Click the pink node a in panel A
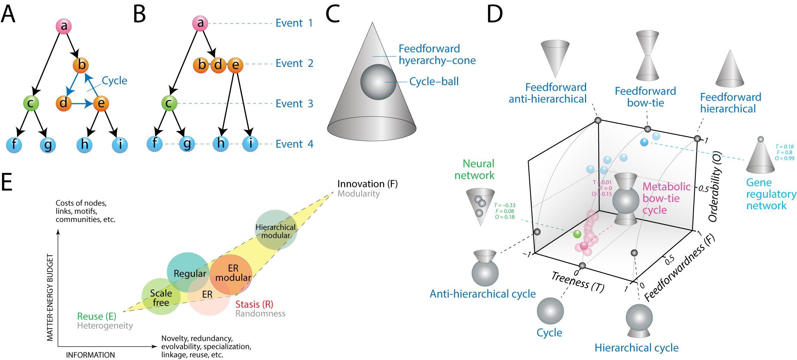point(64,26)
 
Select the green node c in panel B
point(169,103)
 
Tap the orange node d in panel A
point(63,103)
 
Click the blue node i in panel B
point(250,144)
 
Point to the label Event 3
point(294,104)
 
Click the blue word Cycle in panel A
point(114,81)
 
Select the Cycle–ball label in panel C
point(434,82)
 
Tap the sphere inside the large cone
point(378,82)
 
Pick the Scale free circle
point(161,297)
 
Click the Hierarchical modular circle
point(276,230)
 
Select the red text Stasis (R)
point(254,305)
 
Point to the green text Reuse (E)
point(97,316)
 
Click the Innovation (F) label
point(367,184)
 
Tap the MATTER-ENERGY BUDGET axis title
point(50,297)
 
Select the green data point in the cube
point(577,234)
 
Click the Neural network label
point(475,170)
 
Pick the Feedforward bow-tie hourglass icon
point(647,55)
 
